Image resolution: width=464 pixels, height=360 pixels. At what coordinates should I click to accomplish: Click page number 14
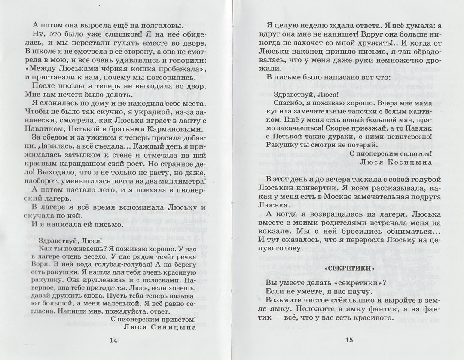pos(113,340)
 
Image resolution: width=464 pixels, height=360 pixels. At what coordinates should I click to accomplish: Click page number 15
pos(349,340)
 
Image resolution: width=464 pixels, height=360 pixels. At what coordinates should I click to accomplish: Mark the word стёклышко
pos(342,299)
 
